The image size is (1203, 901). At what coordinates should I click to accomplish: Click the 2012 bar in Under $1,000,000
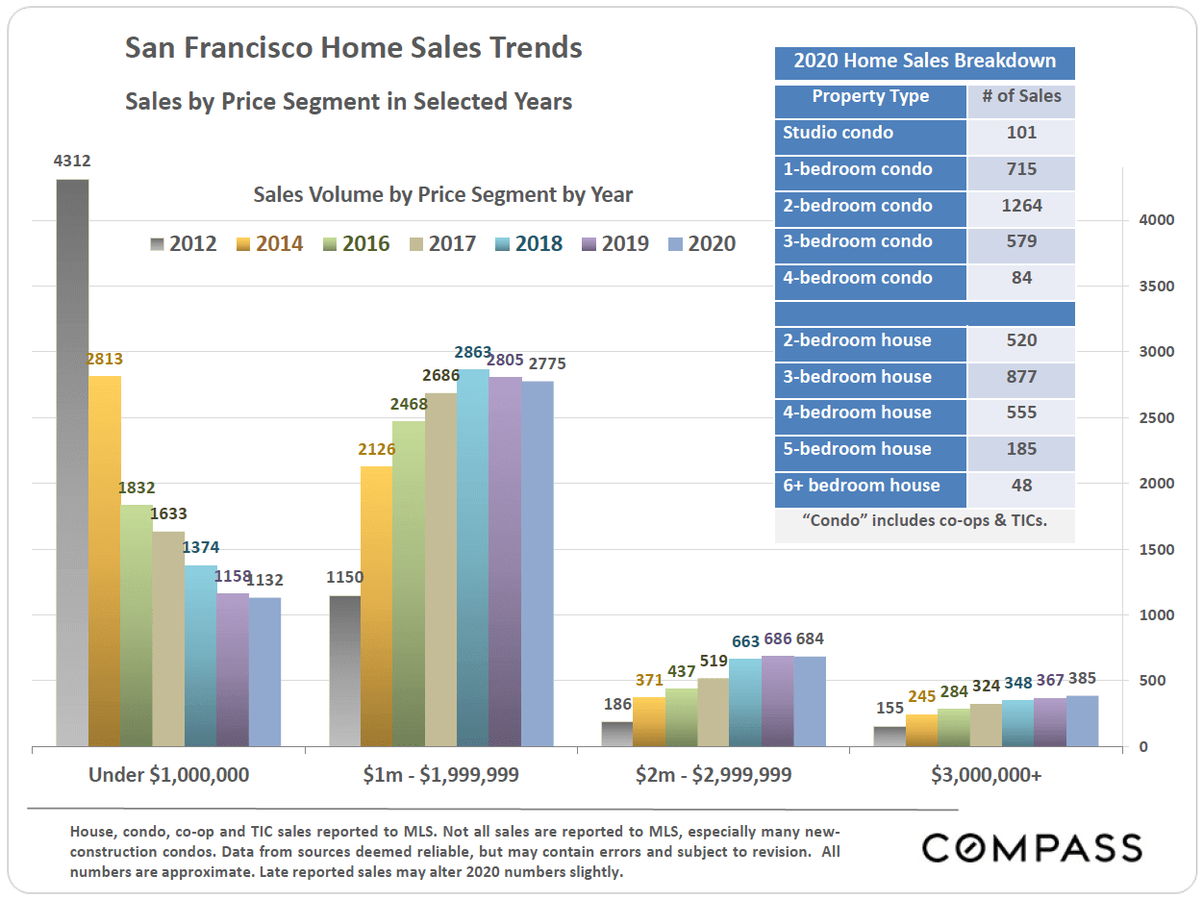72,462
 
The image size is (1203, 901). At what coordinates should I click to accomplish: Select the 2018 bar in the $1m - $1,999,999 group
473,558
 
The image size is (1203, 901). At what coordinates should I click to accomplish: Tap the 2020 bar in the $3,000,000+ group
1082,721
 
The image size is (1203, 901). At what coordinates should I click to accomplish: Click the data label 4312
72,162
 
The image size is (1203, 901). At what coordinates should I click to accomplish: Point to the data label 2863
471,352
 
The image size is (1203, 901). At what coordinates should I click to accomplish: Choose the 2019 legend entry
615,244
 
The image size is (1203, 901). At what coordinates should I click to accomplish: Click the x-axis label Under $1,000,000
168,775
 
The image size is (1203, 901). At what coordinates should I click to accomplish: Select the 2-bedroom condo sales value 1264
1021,206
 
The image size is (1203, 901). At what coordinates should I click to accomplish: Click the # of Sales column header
1021,96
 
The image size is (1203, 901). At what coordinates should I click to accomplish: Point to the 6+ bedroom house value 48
1021,486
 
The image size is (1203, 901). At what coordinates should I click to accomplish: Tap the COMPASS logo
1032,847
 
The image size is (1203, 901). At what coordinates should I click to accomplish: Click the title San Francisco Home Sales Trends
353,48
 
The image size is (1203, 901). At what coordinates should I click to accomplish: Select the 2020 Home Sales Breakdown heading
924,62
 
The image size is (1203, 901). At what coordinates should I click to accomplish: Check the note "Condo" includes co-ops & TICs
924,521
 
